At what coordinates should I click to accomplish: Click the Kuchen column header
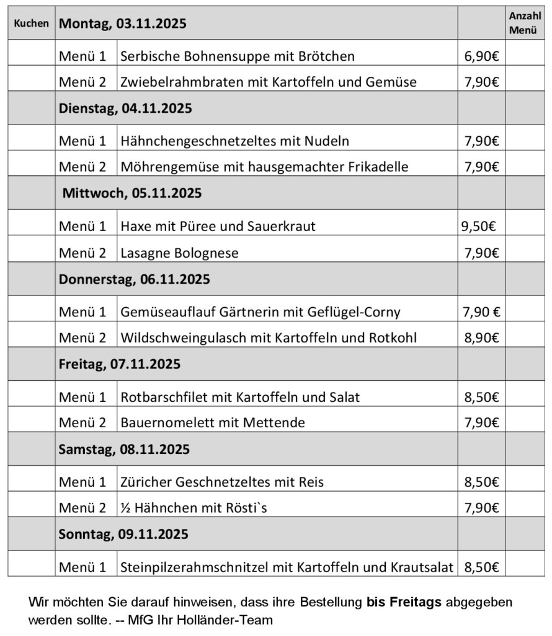(x=31, y=24)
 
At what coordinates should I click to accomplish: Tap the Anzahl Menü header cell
(x=524, y=24)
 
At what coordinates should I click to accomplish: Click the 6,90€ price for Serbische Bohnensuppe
(x=481, y=56)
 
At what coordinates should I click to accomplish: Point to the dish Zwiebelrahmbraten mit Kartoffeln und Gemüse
(x=269, y=82)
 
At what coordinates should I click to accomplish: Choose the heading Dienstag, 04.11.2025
(x=125, y=108)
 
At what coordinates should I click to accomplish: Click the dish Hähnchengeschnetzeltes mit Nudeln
(x=235, y=141)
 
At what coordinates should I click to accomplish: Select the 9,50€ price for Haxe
(x=478, y=226)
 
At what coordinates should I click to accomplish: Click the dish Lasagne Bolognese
(x=180, y=252)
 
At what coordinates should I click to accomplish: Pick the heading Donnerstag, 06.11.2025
(x=134, y=279)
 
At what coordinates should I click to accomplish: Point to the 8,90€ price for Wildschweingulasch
(x=481, y=338)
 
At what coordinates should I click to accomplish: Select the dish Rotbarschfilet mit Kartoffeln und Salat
(x=241, y=397)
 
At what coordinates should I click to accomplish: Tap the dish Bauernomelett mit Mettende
(x=213, y=423)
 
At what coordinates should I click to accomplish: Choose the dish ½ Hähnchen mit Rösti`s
(x=197, y=508)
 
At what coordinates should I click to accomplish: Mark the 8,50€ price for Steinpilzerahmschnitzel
(x=481, y=567)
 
